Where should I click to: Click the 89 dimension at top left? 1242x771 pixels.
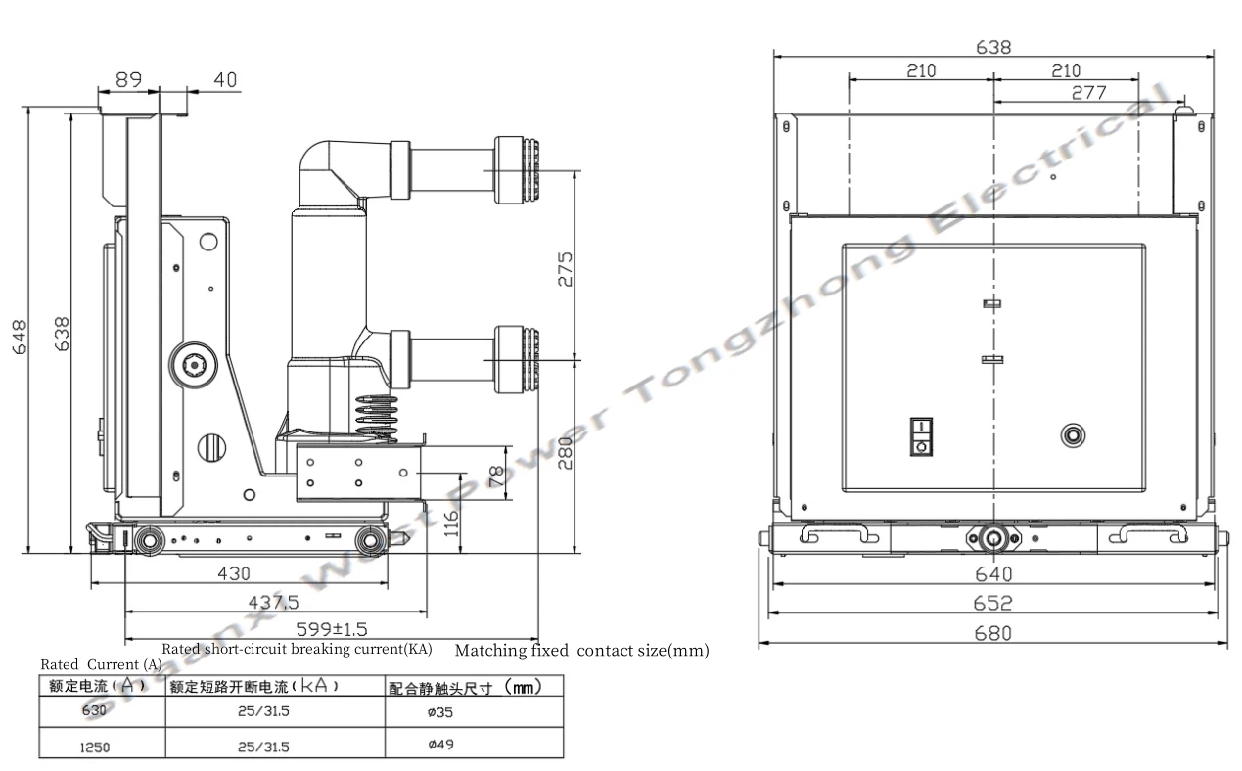tap(128, 80)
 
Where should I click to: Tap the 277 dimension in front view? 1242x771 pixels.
tap(1088, 93)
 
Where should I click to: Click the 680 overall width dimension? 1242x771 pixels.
tap(993, 633)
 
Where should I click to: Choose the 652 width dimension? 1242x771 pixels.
tap(993, 604)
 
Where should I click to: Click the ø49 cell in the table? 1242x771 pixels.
tap(440, 745)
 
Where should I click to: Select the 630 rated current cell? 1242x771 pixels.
tap(95, 711)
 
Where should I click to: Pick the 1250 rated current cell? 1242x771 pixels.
tap(95, 747)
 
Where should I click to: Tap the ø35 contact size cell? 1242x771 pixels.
tap(440, 712)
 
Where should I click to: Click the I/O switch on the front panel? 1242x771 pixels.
tap(920, 436)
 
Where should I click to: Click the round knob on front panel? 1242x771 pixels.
tap(1073, 435)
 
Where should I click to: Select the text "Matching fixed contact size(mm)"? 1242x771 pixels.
tap(581, 650)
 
